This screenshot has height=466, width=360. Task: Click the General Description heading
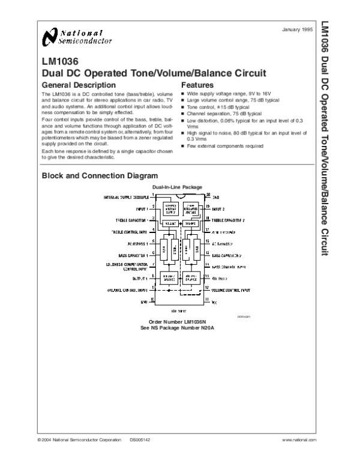tap(78, 85)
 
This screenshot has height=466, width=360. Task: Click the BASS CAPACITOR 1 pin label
tap(134, 255)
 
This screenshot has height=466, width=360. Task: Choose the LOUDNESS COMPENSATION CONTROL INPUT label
tap(127, 267)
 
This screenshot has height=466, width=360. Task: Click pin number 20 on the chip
tap(208, 195)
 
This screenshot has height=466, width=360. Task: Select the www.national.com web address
tap(298, 440)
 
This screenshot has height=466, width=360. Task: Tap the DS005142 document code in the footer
tap(140, 440)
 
